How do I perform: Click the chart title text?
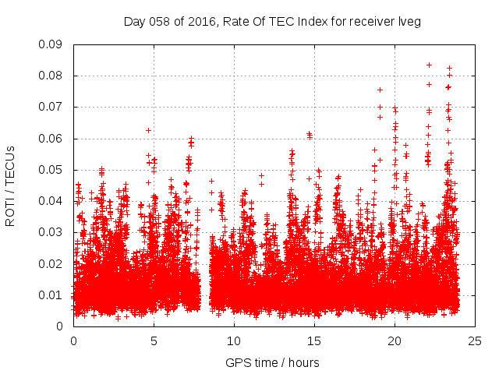(272, 22)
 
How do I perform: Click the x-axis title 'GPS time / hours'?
(272, 362)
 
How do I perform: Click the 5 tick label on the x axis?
(154, 340)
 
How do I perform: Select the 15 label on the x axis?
(314, 340)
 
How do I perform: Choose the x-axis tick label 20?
(395, 340)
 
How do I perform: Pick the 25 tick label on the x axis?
(475, 340)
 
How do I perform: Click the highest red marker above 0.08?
(429, 65)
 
